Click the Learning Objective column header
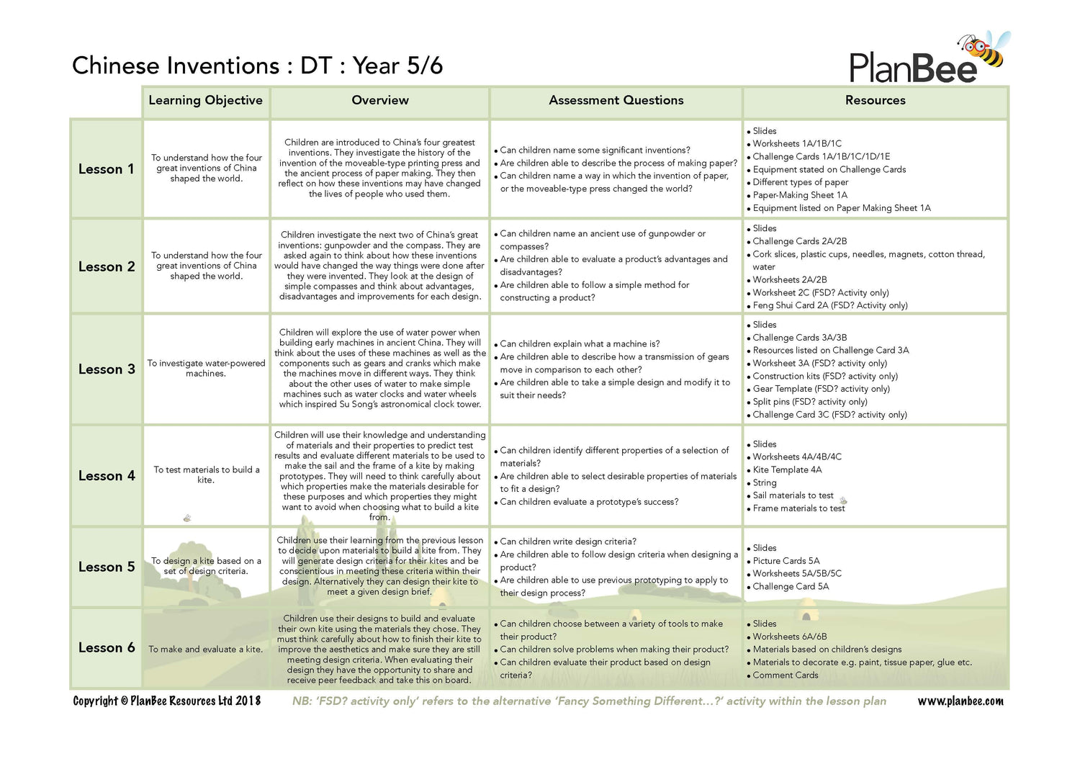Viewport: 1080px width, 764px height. point(205,101)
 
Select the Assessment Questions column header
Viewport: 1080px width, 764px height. point(616,101)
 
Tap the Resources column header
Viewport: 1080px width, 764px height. point(875,101)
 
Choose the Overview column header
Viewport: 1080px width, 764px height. point(379,101)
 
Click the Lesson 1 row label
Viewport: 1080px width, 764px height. point(107,169)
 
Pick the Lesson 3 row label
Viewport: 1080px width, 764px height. point(107,369)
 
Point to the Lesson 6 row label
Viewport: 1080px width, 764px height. point(107,648)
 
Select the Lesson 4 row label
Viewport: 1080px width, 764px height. point(107,476)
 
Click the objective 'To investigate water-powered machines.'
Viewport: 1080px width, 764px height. point(206,369)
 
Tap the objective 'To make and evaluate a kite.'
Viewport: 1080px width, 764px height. point(205,650)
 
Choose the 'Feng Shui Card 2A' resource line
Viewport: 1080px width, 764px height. point(829,305)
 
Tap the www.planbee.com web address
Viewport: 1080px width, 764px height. point(960,701)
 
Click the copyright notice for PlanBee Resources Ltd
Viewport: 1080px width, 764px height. point(166,701)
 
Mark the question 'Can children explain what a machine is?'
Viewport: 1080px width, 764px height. point(580,344)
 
